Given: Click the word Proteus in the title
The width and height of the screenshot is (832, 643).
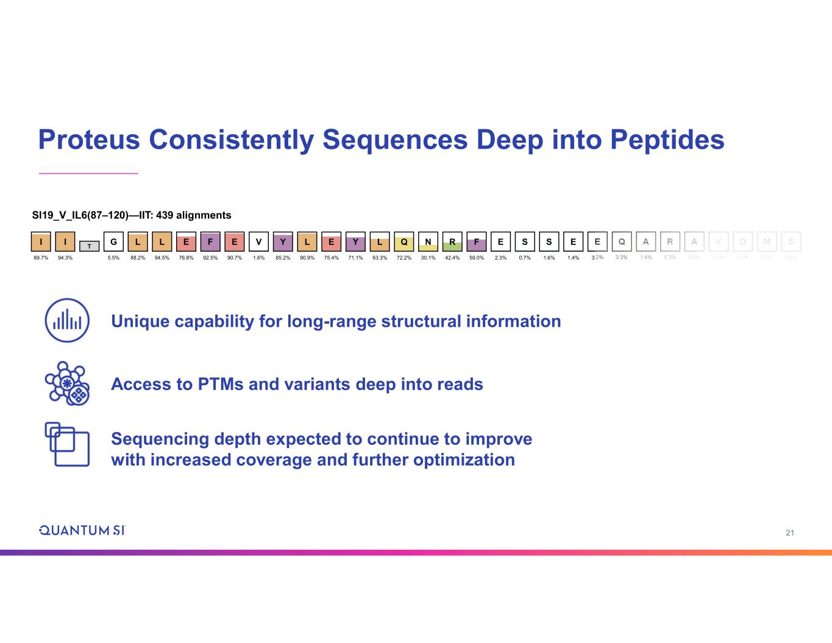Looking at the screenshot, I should click(x=88, y=140).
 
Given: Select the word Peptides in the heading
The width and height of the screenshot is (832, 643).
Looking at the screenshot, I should click(x=667, y=140).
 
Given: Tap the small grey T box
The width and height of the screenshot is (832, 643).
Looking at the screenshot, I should click(x=89, y=246).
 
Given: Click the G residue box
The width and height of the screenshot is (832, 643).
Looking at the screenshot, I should click(x=113, y=241).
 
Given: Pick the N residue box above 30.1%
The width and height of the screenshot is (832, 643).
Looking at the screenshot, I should click(x=428, y=241).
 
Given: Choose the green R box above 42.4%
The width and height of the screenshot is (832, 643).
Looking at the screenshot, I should click(x=452, y=241).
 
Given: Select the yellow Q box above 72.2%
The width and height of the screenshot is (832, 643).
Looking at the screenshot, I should click(x=404, y=241).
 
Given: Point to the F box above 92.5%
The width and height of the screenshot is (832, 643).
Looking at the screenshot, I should click(x=210, y=241).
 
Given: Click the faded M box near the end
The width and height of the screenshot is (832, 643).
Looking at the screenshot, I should click(x=767, y=241).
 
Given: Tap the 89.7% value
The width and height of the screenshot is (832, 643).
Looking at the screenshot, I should click(x=41, y=258).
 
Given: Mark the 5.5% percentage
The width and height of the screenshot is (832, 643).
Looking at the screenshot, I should click(x=113, y=258).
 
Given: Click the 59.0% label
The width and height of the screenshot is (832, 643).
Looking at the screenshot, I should click(x=476, y=258).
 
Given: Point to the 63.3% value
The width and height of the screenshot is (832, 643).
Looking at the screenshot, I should click(x=380, y=258).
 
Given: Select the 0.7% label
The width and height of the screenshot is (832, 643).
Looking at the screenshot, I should click(x=525, y=258).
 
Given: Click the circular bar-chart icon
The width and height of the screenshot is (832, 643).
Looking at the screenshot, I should click(x=67, y=321).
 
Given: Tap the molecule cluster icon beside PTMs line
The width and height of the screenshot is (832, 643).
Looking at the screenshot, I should click(x=67, y=383).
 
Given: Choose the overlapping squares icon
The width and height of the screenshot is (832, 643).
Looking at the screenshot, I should click(x=67, y=444).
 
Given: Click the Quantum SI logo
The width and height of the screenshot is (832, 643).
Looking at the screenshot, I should click(x=82, y=530).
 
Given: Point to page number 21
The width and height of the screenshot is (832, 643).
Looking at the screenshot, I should click(x=790, y=533).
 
